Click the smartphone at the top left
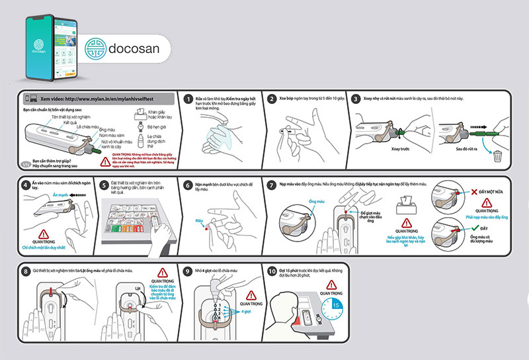50,46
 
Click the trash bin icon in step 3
497,156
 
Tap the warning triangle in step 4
45,233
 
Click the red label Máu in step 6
200,220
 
